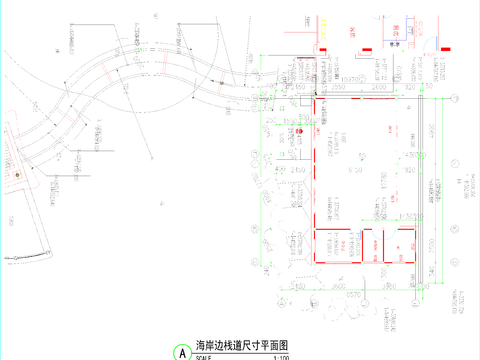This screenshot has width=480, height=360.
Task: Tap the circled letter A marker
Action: tap(181, 352)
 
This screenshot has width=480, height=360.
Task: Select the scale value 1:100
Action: tap(281, 357)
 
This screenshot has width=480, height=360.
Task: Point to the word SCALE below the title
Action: tap(204, 357)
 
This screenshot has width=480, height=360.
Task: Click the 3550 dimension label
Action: tap(340, 89)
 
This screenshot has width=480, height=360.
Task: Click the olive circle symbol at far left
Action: tap(17, 173)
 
